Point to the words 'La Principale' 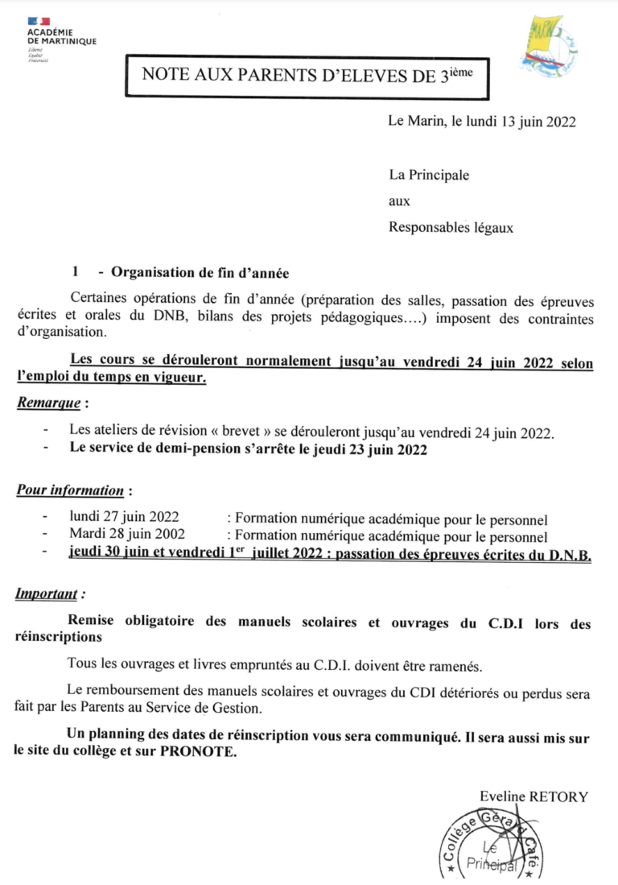(428, 175)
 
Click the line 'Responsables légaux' (451, 227)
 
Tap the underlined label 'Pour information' (70, 490)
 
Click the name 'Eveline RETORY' (534, 796)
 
